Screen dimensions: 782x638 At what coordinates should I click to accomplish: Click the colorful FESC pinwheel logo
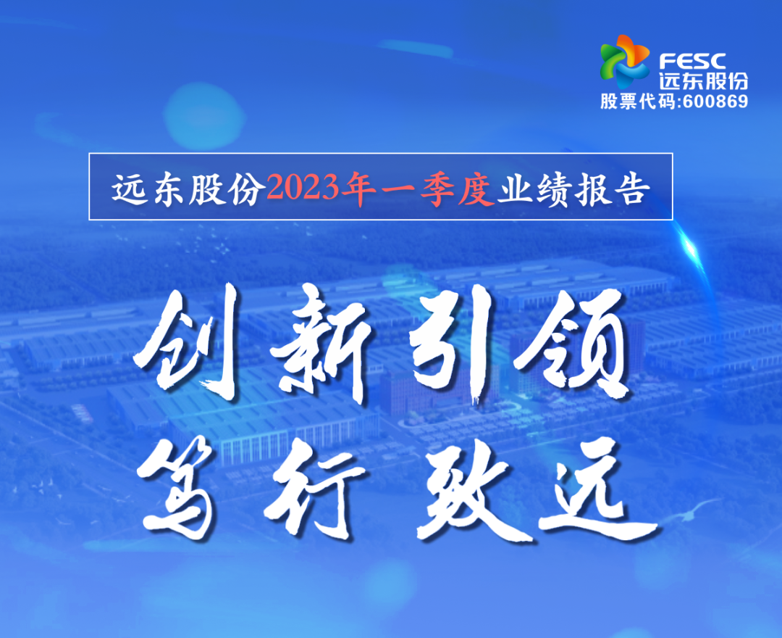coord(625,61)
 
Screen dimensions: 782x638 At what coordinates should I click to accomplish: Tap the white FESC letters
coord(693,62)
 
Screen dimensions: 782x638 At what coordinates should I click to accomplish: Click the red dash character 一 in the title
coord(398,190)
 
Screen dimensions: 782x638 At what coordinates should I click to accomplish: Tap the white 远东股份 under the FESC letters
coord(703,80)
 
